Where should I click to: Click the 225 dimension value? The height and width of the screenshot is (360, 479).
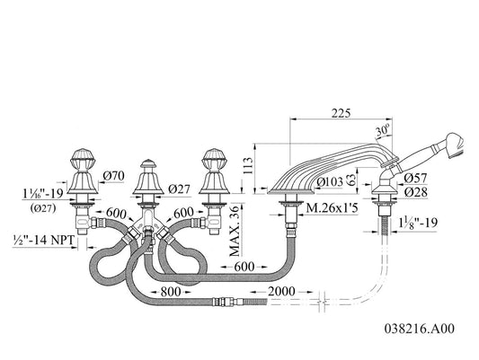(342, 113)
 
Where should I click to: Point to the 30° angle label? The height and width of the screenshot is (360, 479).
(383, 130)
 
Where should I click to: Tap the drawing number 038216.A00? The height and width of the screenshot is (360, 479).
(420, 329)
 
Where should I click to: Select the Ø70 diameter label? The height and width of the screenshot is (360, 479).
(113, 176)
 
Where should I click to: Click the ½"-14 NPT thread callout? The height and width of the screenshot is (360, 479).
(44, 240)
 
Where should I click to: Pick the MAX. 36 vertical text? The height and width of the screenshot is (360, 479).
(235, 231)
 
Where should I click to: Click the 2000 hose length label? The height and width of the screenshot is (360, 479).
(281, 292)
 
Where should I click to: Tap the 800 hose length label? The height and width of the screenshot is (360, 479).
(171, 292)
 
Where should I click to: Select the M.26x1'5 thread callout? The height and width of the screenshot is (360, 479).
(332, 208)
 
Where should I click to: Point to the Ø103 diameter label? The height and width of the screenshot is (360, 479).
(330, 182)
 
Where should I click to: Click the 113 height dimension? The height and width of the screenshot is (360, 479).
(249, 166)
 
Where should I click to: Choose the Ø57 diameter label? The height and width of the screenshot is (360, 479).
(415, 178)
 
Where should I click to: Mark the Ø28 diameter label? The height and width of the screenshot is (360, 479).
(415, 192)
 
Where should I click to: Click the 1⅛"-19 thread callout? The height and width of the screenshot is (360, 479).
(418, 223)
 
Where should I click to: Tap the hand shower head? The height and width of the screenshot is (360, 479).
(456, 145)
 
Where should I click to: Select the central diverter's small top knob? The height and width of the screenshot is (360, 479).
(148, 162)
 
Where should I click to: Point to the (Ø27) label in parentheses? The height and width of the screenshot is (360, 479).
(43, 208)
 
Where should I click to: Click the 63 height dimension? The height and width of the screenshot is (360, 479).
(351, 180)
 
